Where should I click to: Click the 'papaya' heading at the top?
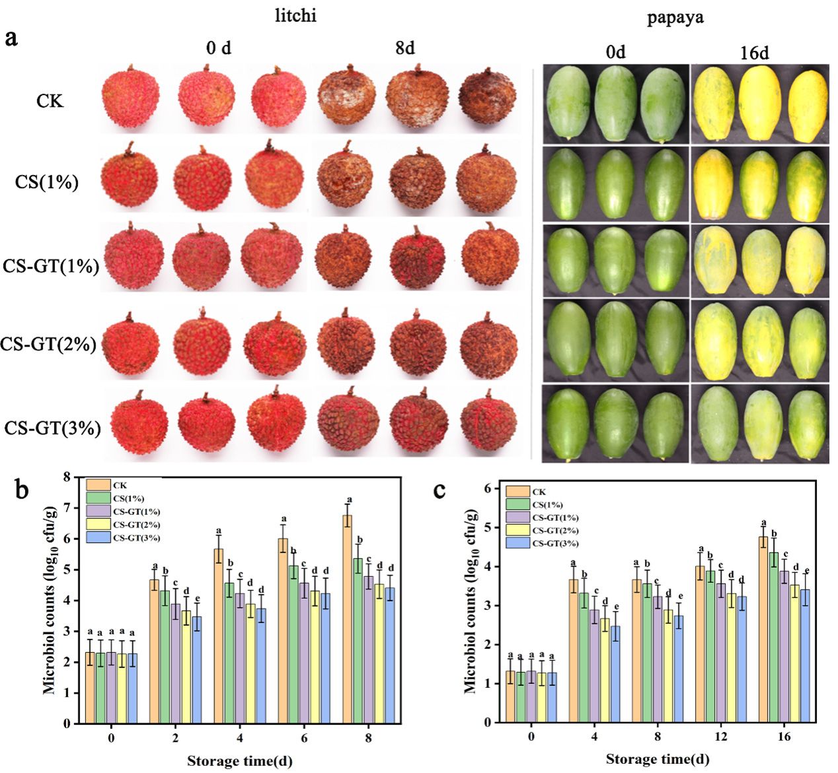point(675,18)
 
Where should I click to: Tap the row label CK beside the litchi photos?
point(50,101)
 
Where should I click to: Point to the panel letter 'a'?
point(11,37)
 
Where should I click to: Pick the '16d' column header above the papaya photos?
point(753,52)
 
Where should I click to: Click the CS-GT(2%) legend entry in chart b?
point(135,525)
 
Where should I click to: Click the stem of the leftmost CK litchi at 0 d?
point(132,68)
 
